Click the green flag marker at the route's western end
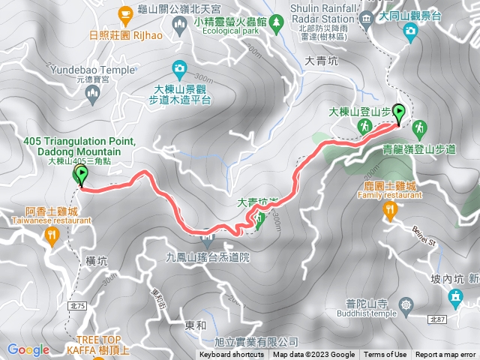click(80, 175)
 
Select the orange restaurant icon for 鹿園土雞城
click(388, 211)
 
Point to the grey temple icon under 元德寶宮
click(93, 92)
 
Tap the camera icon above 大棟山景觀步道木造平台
click(179, 70)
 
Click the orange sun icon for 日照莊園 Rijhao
click(125, 13)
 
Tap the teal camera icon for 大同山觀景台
click(411, 30)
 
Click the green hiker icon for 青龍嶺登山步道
click(419, 127)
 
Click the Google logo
click(28, 349)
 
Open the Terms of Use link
click(386, 355)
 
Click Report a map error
click(445, 355)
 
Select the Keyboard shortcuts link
click(232, 355)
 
